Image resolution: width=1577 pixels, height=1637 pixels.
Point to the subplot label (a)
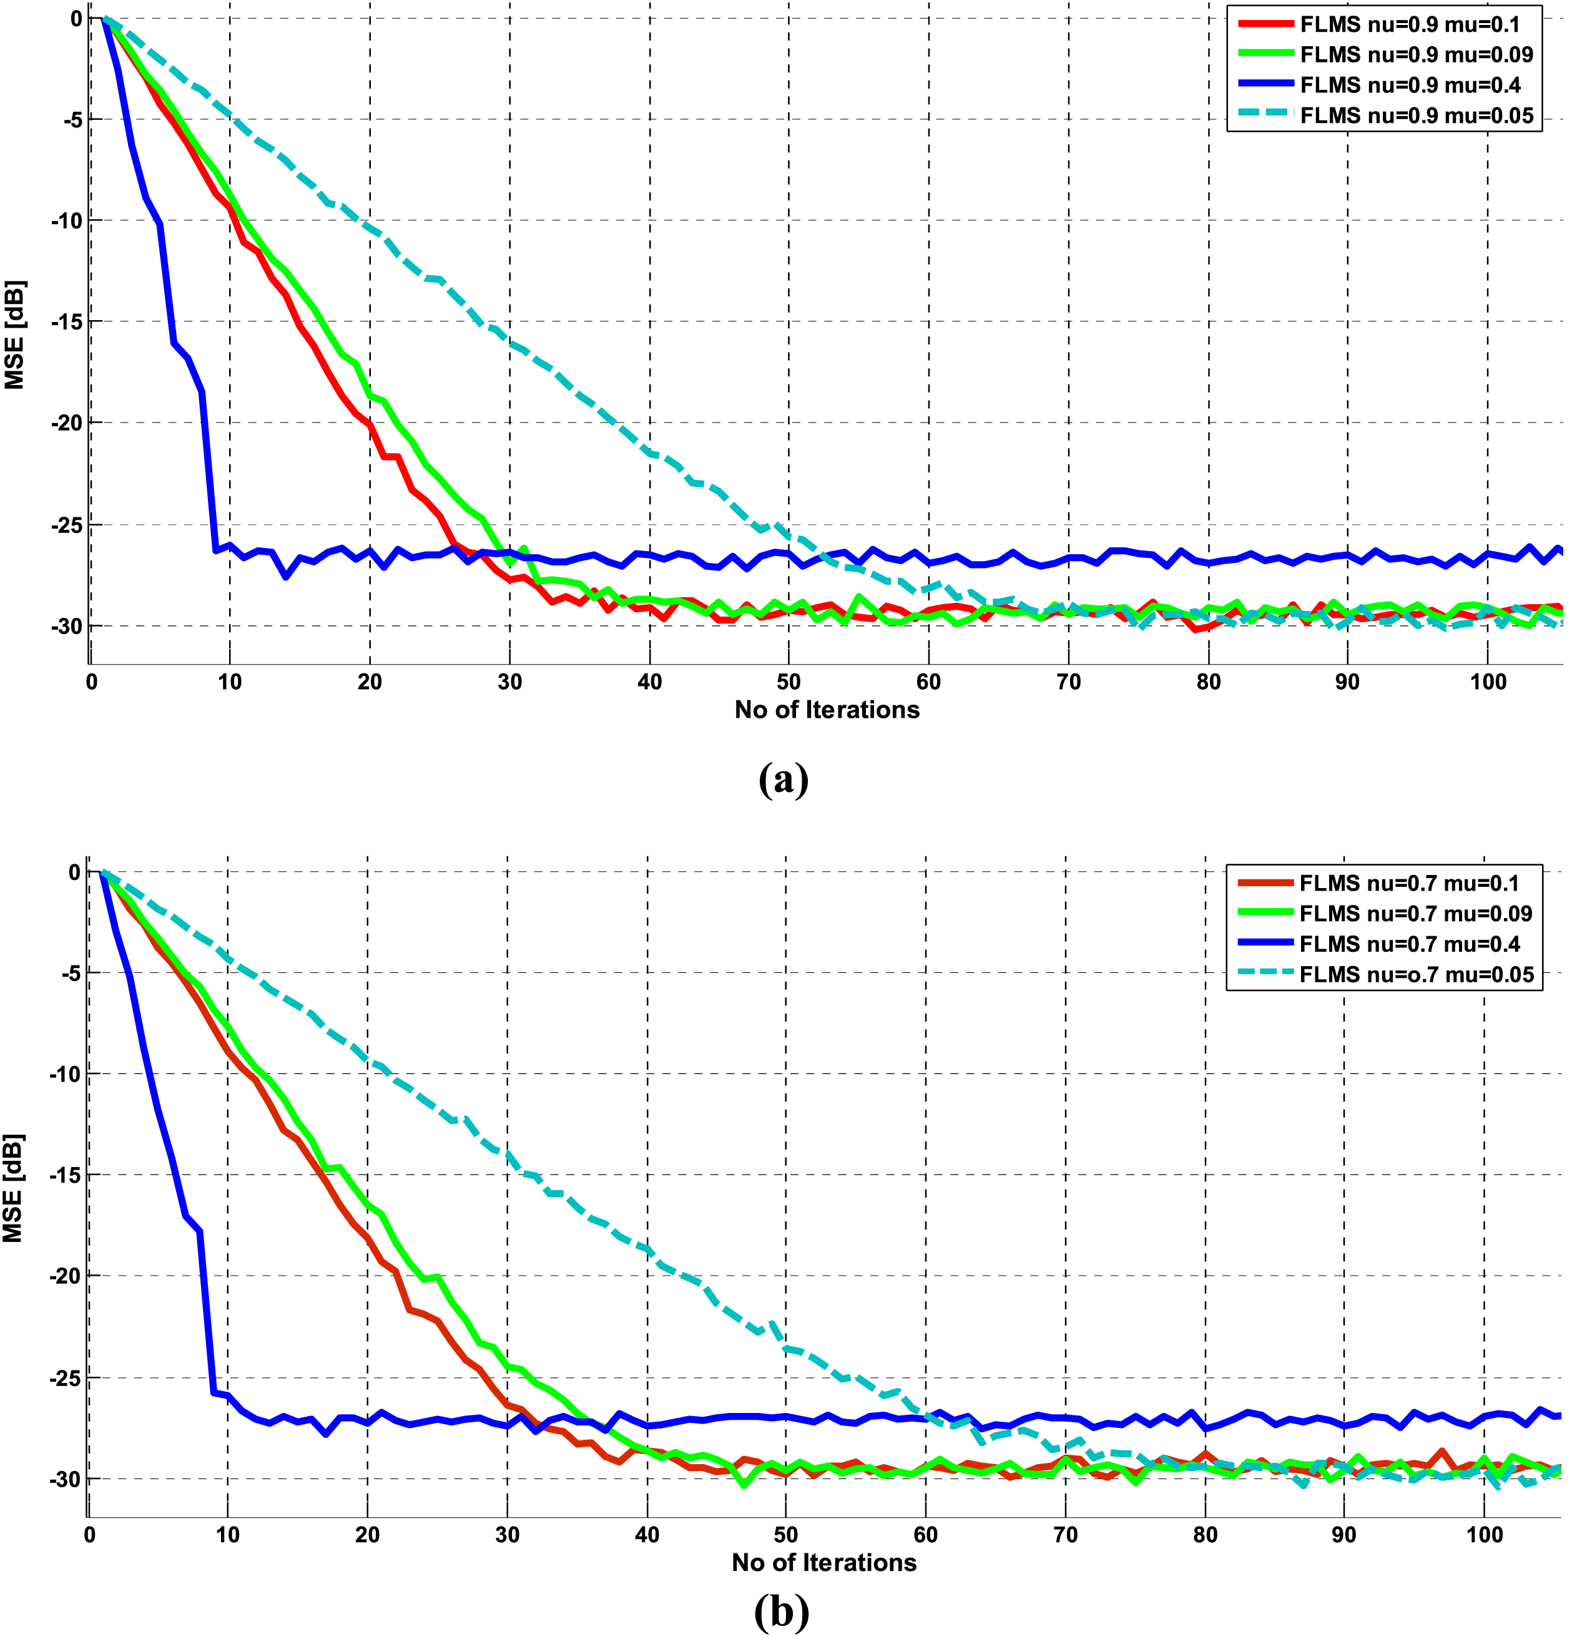click(784, 779)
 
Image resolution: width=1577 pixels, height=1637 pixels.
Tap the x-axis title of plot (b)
click(823, 1563)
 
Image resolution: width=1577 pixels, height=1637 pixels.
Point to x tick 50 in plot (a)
click(788, 682)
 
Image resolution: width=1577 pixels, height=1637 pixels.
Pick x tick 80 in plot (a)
click(1208, 682)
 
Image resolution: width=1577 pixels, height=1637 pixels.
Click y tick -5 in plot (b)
click(69, 973)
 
